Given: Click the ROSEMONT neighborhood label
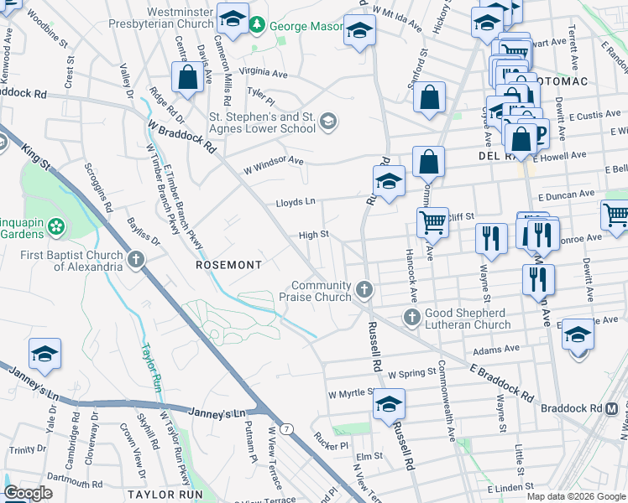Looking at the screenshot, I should point(228,264).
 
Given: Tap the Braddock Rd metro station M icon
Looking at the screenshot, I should point(612,408).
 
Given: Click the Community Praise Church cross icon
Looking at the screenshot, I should point(364,290).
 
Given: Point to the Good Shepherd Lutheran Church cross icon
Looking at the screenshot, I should point(411,318).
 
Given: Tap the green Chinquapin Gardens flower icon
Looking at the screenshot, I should point(56,226).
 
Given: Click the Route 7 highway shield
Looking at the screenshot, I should point(288,429).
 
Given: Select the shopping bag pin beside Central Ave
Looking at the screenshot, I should point(187,78).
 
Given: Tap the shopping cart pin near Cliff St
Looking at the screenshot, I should point(432,222).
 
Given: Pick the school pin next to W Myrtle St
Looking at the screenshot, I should point(389,404).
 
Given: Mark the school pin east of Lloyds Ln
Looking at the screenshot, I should point(389,181).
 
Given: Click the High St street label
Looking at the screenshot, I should point(312,236).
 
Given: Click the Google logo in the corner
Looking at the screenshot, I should point(28,493).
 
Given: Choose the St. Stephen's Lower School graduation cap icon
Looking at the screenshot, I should point(328,122).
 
